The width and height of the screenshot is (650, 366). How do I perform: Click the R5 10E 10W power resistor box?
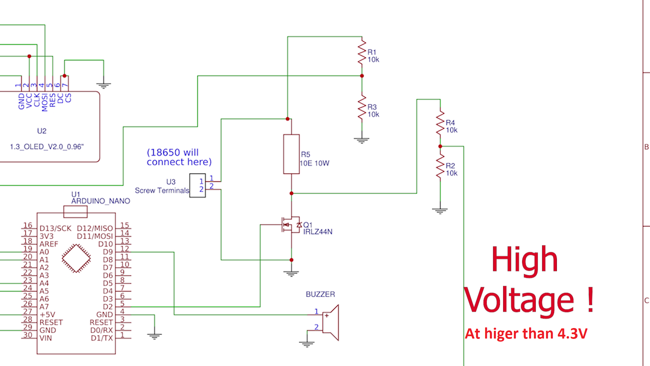point(291,154)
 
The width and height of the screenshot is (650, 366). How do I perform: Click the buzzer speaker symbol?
point(330,322)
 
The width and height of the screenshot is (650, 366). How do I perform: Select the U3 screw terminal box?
point(197,185)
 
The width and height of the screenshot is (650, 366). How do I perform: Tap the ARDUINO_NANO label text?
point(101,201)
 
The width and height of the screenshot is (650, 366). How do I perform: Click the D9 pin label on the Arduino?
point(108,252)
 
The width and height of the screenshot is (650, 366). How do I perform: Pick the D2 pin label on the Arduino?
point(108,307)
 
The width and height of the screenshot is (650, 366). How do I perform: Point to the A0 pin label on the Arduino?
point(44,252)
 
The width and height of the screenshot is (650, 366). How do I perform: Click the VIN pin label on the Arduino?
point(46,338)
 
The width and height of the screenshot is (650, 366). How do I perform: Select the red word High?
point(524,260)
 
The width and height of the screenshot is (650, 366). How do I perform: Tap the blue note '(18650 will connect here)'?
point(179,157)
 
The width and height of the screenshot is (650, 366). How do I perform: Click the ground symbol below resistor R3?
point(362,140)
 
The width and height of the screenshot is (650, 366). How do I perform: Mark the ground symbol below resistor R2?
point(440,211)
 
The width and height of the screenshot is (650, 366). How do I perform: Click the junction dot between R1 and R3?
point(362,76)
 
